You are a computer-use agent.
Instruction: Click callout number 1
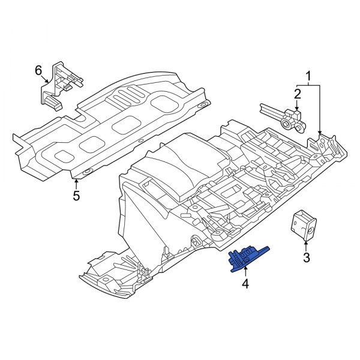(308, 76)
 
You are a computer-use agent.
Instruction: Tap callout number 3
(305, 258)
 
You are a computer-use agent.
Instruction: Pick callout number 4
(245, 282)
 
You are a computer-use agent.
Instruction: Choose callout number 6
(38, 71)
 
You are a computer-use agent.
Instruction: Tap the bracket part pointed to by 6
(60, 87)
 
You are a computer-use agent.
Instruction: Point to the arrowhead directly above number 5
(76, 178)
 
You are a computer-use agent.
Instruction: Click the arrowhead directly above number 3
(305, 242)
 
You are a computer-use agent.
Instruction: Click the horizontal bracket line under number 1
(308, 86)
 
